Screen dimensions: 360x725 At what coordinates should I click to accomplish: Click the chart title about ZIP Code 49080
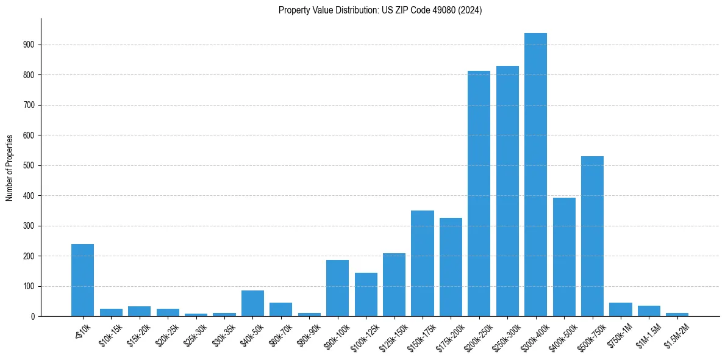380,10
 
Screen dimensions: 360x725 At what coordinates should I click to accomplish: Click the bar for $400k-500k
564,257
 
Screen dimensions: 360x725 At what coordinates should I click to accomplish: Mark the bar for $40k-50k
252,303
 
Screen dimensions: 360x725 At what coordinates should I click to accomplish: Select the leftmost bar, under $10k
82,280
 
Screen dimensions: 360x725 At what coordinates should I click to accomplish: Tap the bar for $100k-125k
366,295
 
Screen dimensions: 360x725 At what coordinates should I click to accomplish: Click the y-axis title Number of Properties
10,168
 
